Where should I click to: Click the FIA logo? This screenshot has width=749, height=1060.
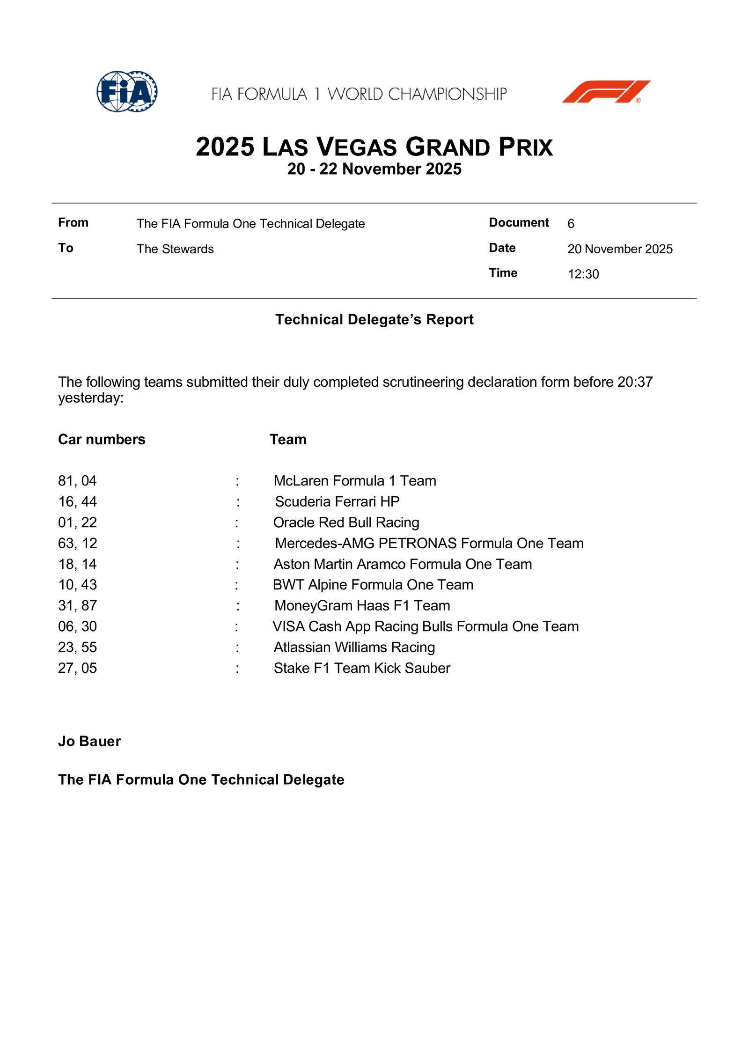click(127, 91)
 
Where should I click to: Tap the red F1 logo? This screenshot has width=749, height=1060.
click(606, 91)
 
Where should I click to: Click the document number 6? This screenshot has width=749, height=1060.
click(571, 224)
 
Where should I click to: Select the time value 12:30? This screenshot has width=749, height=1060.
click(583, 274)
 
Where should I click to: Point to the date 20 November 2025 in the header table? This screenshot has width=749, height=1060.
click(620, 249)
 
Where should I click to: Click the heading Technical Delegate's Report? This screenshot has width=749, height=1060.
click(374, 319)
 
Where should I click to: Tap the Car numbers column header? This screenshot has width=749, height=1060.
click(102, 439)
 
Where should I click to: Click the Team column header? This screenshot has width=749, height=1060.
click(288, 439)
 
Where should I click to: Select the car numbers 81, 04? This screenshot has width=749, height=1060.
click(77, 481)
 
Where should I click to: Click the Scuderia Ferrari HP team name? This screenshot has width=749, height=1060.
click(337, 501)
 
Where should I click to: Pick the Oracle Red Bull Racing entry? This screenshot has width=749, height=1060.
click(346, 522)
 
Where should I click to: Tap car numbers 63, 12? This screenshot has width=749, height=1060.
click(78, 543)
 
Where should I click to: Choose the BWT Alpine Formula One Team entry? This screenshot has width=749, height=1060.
click(373, 585)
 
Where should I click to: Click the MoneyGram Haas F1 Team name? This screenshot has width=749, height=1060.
click(362, 605)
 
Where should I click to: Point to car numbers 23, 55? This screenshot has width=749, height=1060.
click(77, 647)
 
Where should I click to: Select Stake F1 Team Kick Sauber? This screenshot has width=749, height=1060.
click(362, 668)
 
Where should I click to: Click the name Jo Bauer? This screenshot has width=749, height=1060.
click(89, 741)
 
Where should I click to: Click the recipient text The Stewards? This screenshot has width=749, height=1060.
click(175, 249)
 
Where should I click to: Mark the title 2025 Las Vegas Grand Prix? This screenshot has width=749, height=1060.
click(374, 147)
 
